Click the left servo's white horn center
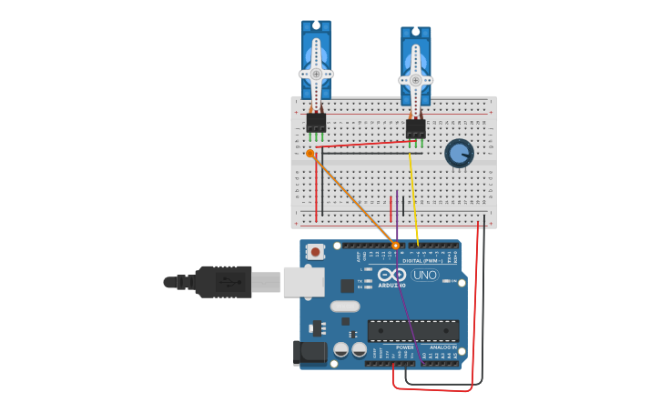click(x=316, y=74)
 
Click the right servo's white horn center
click(x=415, y=80)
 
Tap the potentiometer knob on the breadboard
click(x=459, y=153)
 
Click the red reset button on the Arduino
click(x=316, y=251)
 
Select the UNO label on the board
click(x=424, y=275)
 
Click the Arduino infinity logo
click(x=392, y=274)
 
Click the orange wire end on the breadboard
click(x=310, y=154)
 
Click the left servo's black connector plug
click(x=316, y=123)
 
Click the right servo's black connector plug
click(x=415, y=128)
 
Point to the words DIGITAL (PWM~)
click(x=423, y=260)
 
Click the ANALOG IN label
click(x=443, y=347)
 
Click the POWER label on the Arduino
click(x=404, y=347)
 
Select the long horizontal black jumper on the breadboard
click(x=364, y=153)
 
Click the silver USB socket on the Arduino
click(x=303, y=282)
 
